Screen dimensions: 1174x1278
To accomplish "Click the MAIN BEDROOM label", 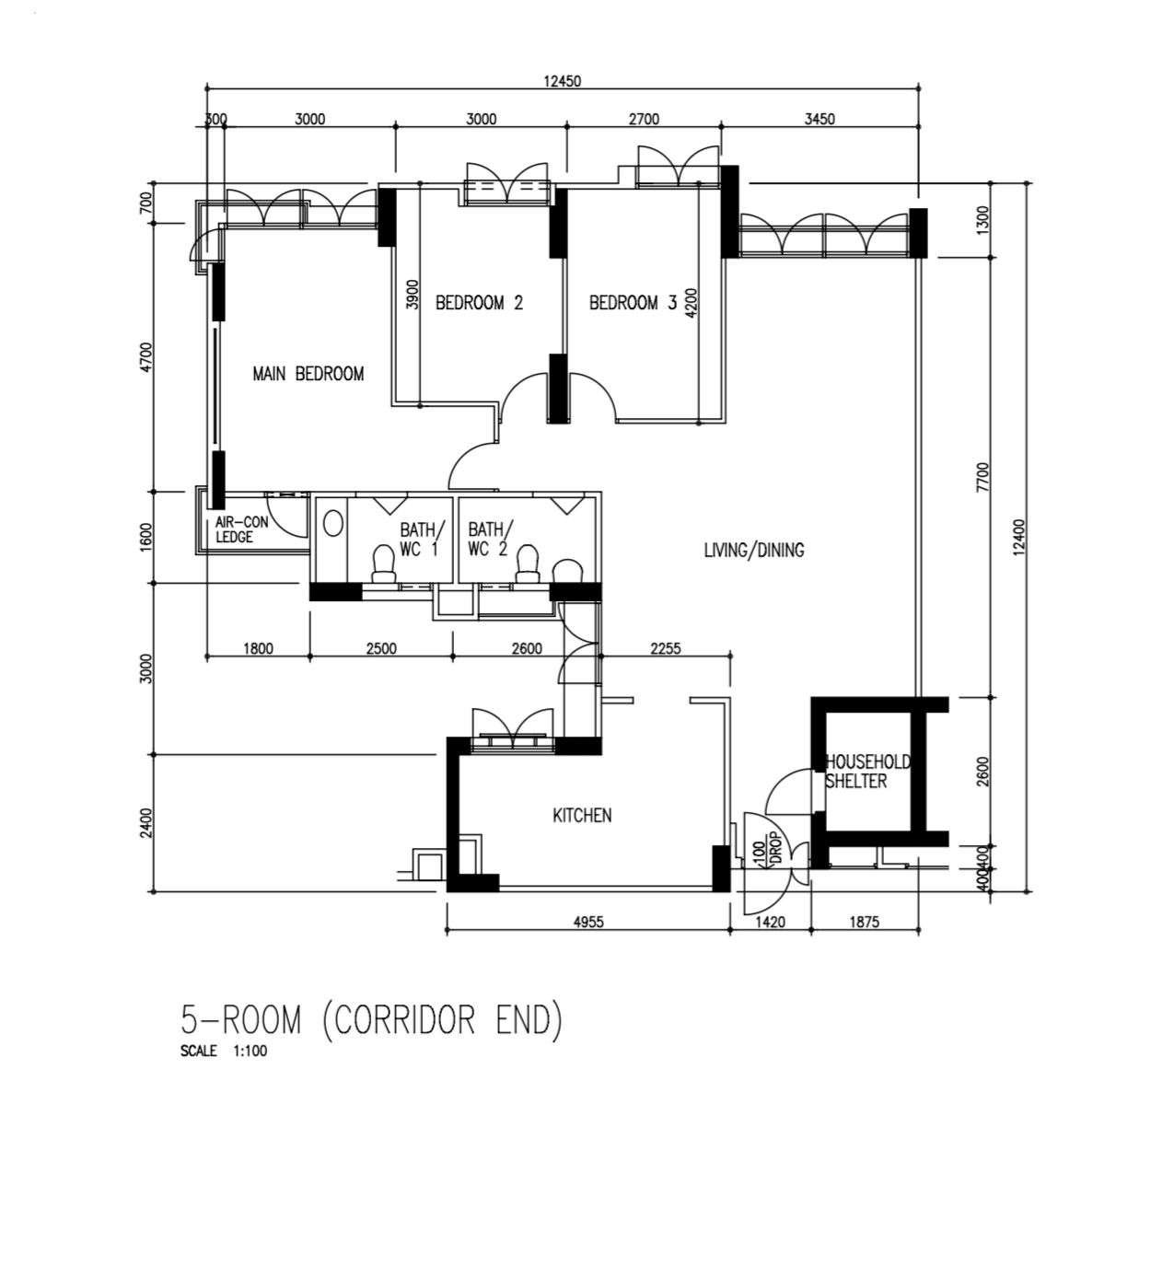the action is pyautogui.click(x=308, y=373).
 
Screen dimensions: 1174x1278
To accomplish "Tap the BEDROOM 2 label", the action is pyautogui.click(x=479, y=302).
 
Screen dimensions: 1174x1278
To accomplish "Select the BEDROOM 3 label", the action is pyautogui.click(x=633, y=302).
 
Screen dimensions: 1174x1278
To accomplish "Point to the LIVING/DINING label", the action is pyautogui.click(x=754, y=549).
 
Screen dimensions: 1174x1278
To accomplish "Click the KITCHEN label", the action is pyautogui.click(x=582, y=816).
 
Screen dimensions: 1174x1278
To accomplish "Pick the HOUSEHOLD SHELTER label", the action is pyautogui.click(x=866, y=772).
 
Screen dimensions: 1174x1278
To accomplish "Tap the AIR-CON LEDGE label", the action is pyautogui.click(x=241, y=529).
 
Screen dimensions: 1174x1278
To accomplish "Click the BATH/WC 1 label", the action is pyautogui.click(x=419, y=539).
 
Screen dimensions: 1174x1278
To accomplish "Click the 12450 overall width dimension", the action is pyautogui.click(x=563, y=81).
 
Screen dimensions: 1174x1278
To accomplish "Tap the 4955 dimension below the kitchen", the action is pyautogui.click(x=588, y=922).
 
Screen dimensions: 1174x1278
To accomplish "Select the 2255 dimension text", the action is pyautogui.click(x=666, y=648).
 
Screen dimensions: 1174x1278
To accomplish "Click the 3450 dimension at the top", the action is pyautogui.click(x=819, y=119).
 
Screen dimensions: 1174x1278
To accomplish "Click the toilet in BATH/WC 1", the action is pyautogui.click(x=384, y=563).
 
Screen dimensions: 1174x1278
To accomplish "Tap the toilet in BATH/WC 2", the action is pyautogui.click(x=527, y=563).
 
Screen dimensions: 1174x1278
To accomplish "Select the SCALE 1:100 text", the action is pyautogui.click(x=223, y=1051).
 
